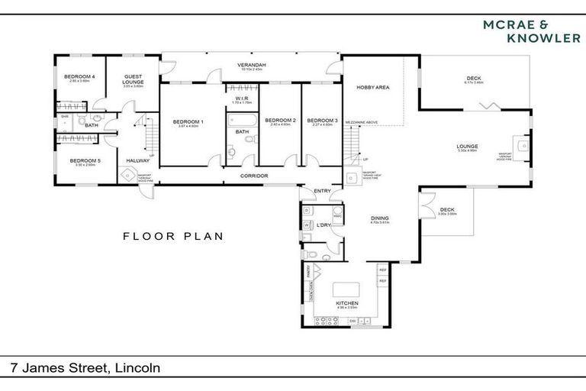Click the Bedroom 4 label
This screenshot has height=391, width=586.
79,76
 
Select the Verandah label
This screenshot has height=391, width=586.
251,66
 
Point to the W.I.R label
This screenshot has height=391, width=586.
242,98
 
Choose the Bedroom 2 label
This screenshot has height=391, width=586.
280,120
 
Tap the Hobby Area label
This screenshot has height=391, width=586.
373,88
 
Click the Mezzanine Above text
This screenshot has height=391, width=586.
362,121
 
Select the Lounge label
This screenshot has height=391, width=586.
467,146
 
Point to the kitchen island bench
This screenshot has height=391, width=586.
345,292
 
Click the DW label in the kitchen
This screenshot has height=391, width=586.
352,321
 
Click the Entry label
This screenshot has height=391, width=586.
322,192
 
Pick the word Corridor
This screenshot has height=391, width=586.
254,176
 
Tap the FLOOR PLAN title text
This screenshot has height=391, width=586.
173,236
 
